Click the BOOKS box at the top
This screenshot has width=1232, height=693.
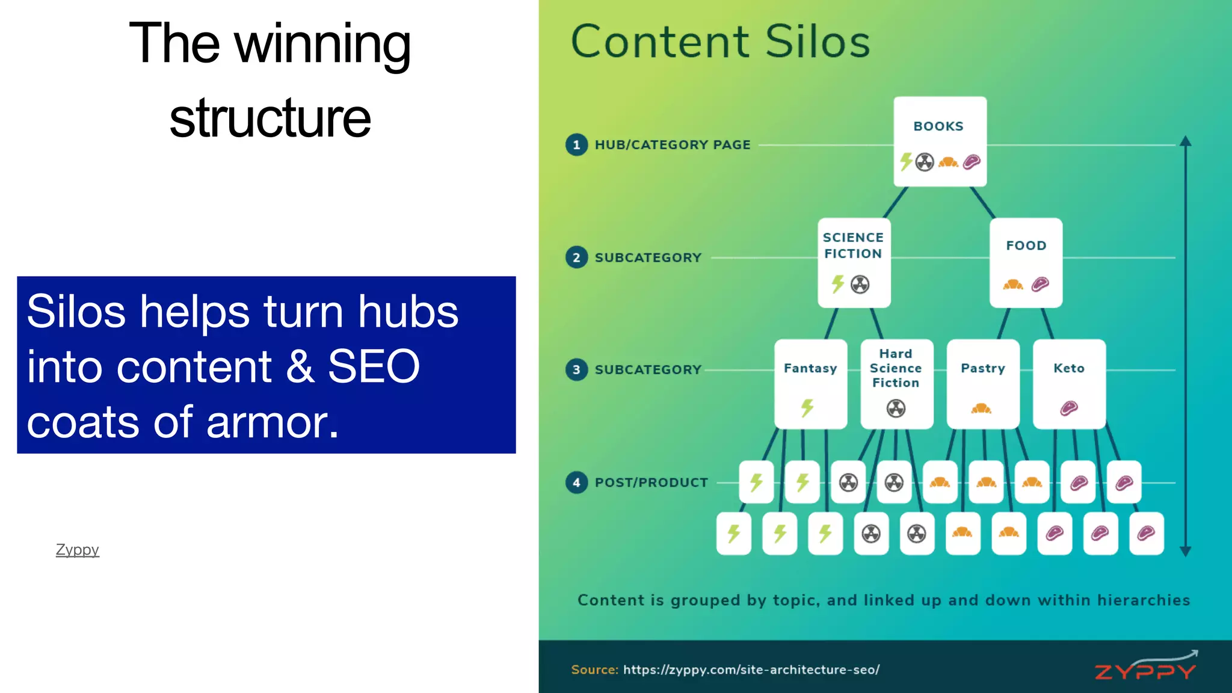pos(940,141)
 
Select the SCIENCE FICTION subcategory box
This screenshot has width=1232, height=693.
pos(854,262)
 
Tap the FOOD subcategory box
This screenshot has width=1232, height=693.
pos(1026,262)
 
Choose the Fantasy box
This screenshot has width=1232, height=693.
pos(810,383)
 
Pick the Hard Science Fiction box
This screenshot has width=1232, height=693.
pos(896,383)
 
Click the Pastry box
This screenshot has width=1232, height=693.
pos(982,383)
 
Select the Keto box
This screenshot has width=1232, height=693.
pos(1069,383)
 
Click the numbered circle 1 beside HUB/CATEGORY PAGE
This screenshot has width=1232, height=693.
pos(576,145)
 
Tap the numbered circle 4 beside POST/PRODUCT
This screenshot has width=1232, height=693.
pos(576,482)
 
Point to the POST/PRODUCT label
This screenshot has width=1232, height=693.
pos(651,482)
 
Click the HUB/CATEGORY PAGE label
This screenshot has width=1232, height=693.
pos(673,145)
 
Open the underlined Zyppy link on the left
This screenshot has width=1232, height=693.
pos(77,550)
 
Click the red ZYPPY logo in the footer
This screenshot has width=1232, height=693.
pos(1145,668)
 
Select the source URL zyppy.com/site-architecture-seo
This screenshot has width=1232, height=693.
pos(751,670)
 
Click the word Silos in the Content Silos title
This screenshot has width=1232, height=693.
pos(818,42)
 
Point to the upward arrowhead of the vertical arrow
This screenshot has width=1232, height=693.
pos(1185,141)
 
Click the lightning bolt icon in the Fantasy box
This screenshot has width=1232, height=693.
pos(807,408)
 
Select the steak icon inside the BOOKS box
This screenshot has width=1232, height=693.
pos(972,162)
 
